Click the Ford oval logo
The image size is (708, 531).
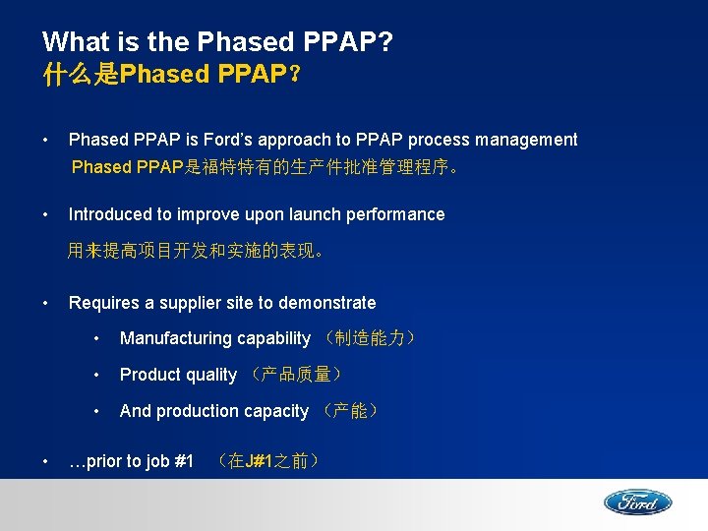point(637,502)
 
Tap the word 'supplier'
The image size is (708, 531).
point(187,303)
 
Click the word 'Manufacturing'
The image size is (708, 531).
point(174,338)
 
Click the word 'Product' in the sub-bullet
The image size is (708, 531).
point(149,375)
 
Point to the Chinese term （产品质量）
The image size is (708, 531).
point(296,375)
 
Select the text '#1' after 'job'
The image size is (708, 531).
point(183,461)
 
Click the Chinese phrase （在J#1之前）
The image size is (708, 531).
point(267,461)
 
